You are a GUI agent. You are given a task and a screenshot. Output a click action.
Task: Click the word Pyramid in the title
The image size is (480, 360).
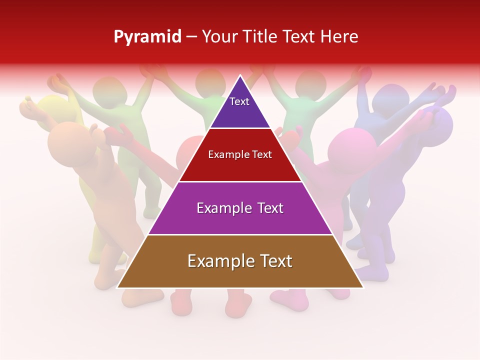[147, 37]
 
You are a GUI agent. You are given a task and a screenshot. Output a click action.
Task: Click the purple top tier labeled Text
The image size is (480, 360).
[239, 107]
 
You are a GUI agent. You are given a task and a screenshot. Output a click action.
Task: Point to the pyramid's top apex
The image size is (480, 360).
[240, 76]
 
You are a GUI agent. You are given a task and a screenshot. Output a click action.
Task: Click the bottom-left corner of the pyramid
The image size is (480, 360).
[117, 287]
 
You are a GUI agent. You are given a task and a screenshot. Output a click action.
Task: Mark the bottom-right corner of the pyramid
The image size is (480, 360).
[363, 287]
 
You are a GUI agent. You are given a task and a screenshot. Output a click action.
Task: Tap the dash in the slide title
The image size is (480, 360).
[191, 37]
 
